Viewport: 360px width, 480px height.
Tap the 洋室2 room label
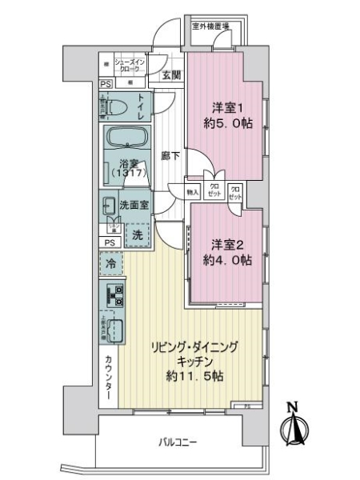[x=227, y=243]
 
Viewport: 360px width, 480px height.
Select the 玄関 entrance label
[x=170, y=76]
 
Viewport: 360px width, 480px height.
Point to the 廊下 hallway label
[x=169, y=158]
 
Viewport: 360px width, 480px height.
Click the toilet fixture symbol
[x=114, y=106]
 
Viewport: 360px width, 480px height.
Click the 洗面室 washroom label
[x=134, y=205]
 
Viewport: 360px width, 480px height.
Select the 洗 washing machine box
[x=137, y=236]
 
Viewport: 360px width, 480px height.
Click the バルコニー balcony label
[x=177, y=442]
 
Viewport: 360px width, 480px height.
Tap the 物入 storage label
[x=193, y=193]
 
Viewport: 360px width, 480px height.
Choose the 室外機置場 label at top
[x=210, y=26]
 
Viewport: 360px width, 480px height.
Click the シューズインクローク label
[x=129, y=65]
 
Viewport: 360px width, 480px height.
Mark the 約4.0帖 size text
[x=227, y=261]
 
